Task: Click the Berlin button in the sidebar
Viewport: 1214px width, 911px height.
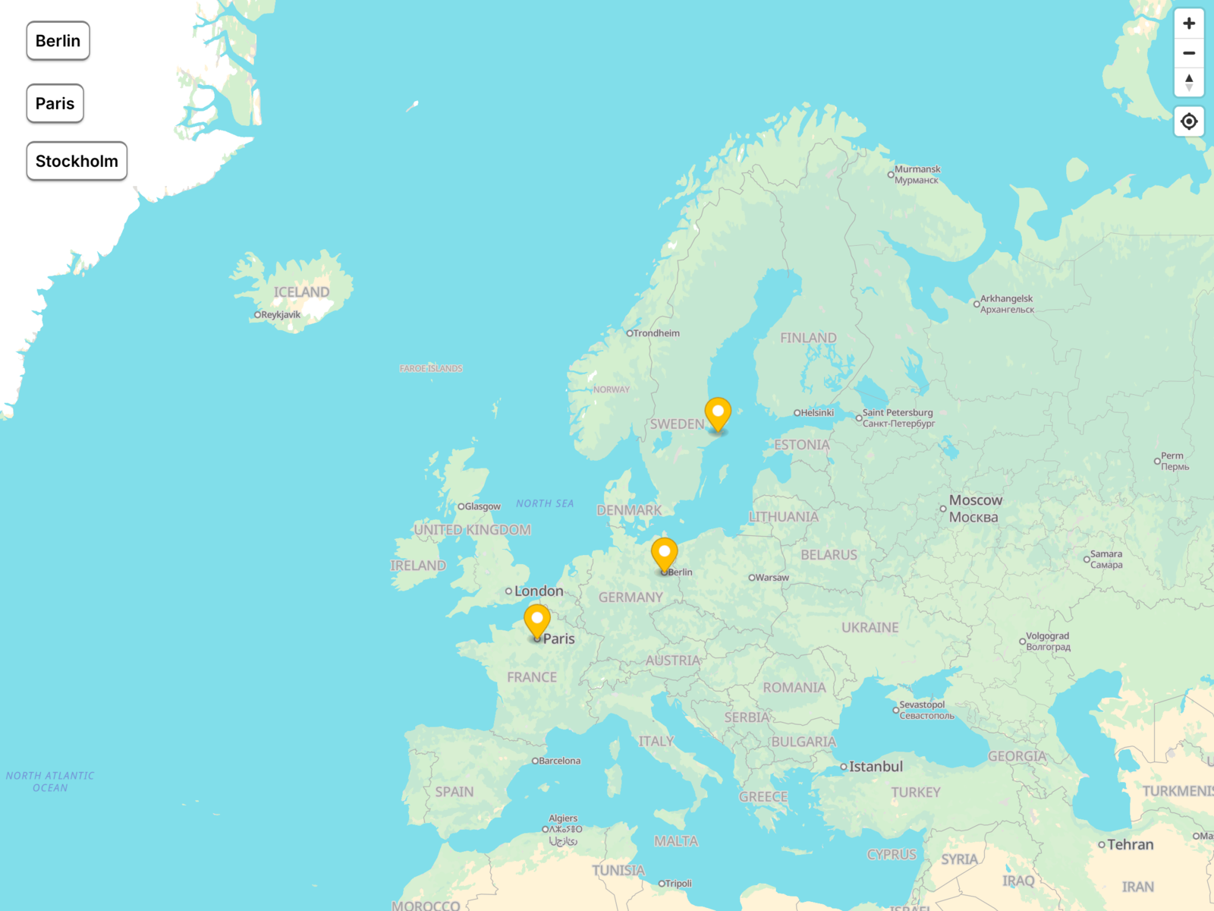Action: coord(58,41)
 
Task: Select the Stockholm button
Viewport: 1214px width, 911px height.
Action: coord(77,161)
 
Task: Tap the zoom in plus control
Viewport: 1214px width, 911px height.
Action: coord(1189,24)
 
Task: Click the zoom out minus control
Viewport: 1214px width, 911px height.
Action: coord(1189,53)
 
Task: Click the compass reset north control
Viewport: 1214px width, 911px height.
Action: coord(1189,82)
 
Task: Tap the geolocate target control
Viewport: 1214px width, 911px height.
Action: coord(1189,121)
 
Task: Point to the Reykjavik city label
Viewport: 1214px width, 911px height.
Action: coord(280,315)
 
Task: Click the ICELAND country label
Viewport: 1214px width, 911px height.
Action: coord(301,292)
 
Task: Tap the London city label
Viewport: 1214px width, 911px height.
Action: coord(538,591)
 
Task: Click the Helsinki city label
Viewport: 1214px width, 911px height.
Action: coord(816,413)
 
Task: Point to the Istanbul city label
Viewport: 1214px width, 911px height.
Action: coord(875,767)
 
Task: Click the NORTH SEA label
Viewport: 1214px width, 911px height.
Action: coord(545,503)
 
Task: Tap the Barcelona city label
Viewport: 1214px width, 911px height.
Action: coord(558,761)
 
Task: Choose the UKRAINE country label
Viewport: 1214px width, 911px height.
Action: coord(870,628)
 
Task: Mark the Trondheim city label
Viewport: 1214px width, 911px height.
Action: coord(656,333)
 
